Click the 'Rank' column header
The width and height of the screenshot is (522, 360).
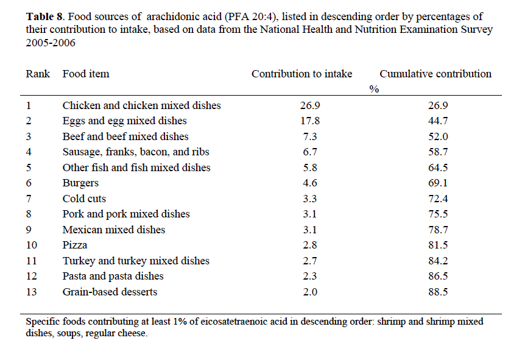click(x=38, y=74)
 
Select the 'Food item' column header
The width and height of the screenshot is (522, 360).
click(x=86, y=74)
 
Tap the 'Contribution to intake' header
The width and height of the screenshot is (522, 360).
click(x=302, y=74)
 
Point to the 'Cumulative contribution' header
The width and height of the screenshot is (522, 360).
click(x=436, y=74)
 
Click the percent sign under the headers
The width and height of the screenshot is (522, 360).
click(x=374, y=89)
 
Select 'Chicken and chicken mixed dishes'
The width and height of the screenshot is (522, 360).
click(x=141, y=105)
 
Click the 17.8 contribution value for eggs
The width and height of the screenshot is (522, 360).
click(x=310, y=121)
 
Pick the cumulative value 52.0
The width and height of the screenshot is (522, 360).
click(x=438, y=136)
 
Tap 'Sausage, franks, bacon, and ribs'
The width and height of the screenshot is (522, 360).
click(x=136, y=152)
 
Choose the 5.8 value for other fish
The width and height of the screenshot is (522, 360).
click(x=310, y=167)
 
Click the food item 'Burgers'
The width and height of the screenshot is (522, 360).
click(x=80, y=183)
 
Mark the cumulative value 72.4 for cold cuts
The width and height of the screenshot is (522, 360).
click(x=438, y=199)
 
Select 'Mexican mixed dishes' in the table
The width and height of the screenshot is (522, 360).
click(x=114, y=230)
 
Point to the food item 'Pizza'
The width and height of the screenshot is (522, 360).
click(x=75, y=245)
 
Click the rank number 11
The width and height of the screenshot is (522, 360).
click(x=31, y=261)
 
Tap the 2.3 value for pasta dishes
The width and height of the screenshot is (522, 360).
click(x=310, y=276)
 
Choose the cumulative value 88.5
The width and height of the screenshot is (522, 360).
click(x=438, y=292)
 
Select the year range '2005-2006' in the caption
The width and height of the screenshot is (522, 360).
click(x=51, y=43)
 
